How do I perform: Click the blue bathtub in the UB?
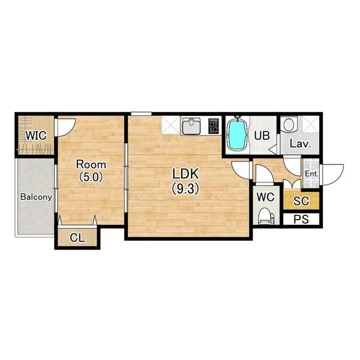tap(236, 135)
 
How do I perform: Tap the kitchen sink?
tap(191, 125)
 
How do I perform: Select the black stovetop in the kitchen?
tap(214, 126)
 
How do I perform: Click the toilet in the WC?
tap(266, 216)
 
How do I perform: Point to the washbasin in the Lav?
tap(289, 124)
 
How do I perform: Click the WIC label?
tap(36, 136)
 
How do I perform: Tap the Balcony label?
tap(36, 197)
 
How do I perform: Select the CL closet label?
tap(77, 238)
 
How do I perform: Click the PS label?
tap(301, 220)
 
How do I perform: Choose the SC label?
tap(301, 201)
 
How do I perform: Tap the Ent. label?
tap(311, 174)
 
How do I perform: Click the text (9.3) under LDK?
tap(185, 189)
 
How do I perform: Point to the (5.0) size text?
tap(91, 177)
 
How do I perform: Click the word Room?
tap(91, 164)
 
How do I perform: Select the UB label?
tap(262, 136)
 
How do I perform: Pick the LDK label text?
tap(185, 174)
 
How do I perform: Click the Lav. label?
tap(301, 144)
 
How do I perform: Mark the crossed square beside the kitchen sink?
tap(170, 125)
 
